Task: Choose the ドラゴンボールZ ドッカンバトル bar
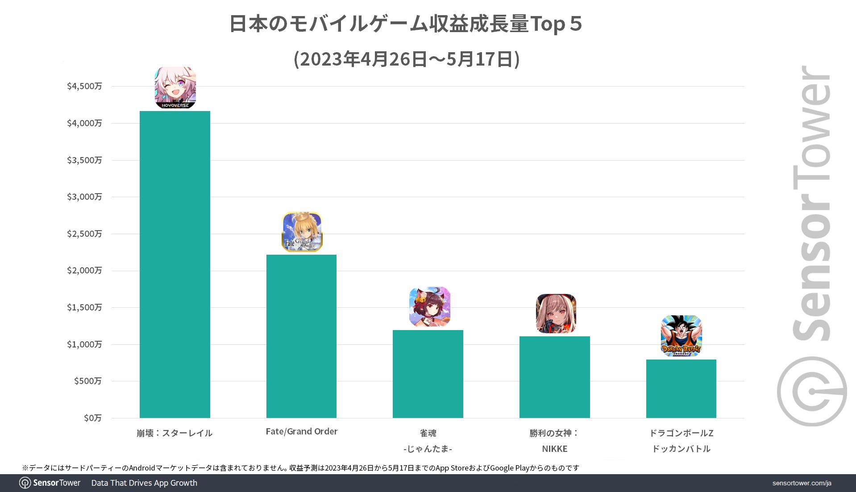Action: click(x=681, y=389)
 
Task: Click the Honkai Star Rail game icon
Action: click(x=175, y=88)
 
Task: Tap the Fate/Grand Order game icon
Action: click(x=302, y=232)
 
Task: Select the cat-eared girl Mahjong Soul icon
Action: click(x=429, y=306)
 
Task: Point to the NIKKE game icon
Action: click(x=556, y=314)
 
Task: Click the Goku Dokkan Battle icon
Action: click(x=681, y=336)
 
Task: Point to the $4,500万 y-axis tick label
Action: click(x=84, y=86)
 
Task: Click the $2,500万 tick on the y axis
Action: click(x=84, y=234)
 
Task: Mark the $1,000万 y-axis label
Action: click(x=84, y=344)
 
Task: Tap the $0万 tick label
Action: click(x=92, y=418)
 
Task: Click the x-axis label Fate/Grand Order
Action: click(x=301, y=431)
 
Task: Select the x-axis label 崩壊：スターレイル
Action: click(x=175, y=433)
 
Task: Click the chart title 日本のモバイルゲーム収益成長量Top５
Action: click(x=405, y=24)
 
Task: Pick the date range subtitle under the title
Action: click(x=406, y=59)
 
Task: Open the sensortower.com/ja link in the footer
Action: click(x=802, y=483)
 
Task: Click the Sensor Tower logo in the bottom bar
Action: click(x=50, y=483)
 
